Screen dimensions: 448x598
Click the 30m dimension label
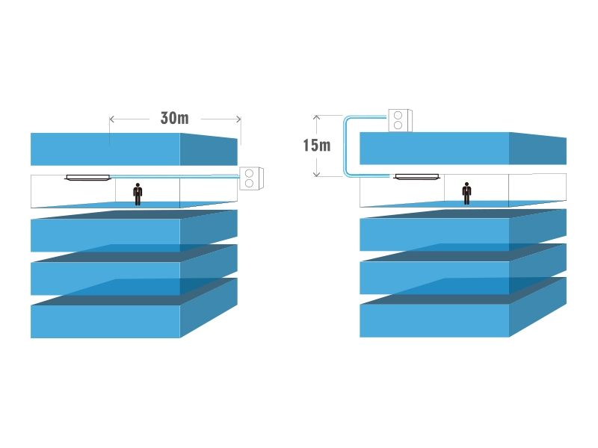click(x=174, y=118)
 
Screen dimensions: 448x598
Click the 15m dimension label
click(x=316, y=145)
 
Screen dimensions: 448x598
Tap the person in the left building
click(x=138, y=193)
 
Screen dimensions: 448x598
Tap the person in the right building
click(x=466, y=193)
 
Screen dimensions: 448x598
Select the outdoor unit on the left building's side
click(x=250, y=178)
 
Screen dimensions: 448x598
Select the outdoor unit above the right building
click(x=400, y=120)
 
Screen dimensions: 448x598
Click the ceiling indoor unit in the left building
click(x=87, y=177)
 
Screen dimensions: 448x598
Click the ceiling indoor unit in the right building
click(x=416, y=177)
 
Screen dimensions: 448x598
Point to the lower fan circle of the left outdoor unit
click(x=250, y=182)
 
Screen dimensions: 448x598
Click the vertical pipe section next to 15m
click(x=345, y=146)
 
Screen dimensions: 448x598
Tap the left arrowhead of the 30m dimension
click(x=112, y=118)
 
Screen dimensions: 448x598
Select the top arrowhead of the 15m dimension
click(x=317, y=116)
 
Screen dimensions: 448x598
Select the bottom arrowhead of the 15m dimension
click(x=317, y=175)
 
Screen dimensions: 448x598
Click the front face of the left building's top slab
click(x=105, y=149)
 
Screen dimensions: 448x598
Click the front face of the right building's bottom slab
click(x=434, y=321)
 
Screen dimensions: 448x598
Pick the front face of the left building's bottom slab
click(x=105, y=322)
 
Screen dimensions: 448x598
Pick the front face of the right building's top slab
click(x=434, y=149)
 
